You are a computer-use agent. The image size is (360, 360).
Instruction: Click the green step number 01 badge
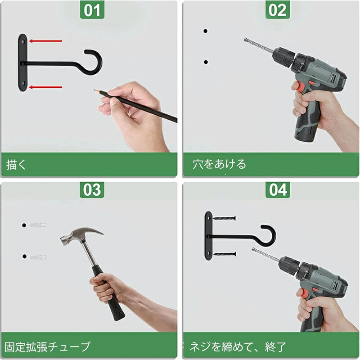[92, 10]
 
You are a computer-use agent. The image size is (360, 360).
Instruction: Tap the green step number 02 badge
[278, 10]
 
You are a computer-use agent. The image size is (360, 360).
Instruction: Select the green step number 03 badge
[92, 189]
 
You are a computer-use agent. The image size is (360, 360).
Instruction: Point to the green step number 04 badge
[278, 189]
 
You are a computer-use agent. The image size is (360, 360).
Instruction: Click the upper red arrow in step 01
[45, 41]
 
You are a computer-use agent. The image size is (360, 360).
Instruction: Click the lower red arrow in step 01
[45, 87]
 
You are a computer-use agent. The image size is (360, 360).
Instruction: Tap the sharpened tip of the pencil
[94, 90]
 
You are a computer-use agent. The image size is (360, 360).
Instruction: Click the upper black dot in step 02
[206, 31]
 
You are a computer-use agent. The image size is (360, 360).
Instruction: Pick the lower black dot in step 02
[206, 62]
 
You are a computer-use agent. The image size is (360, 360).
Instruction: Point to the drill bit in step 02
[259, 46]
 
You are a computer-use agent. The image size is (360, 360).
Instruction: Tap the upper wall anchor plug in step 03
[37, 225]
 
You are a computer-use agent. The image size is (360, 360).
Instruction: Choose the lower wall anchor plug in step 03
[38, 257]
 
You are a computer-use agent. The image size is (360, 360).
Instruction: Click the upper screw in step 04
[224, 218]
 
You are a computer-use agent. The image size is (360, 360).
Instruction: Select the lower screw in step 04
[225, 254]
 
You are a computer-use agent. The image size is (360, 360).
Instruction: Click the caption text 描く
[16, 164]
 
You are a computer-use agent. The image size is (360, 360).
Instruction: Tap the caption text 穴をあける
[219, 164]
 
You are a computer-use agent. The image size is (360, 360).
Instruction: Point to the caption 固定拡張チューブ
[48, 346]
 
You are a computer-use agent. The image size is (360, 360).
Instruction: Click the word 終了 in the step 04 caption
[275, 346]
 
